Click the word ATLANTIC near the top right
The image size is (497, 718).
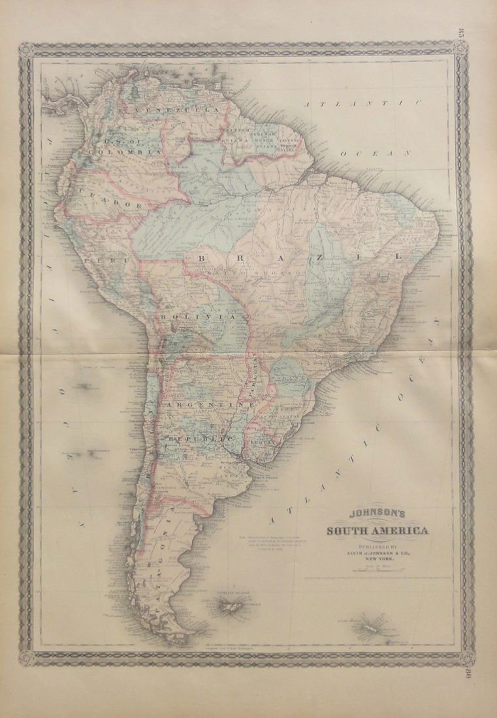click(364, 104)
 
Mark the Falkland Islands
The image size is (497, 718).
click(231, 607)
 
